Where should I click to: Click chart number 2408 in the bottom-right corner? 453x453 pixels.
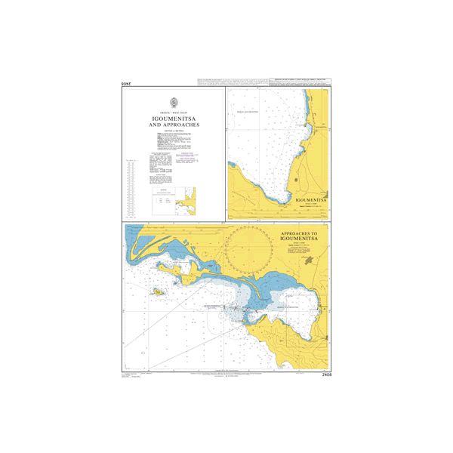326,374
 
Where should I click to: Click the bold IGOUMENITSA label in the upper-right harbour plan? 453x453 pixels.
312,201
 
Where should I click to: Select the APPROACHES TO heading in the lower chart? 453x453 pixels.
300,233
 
